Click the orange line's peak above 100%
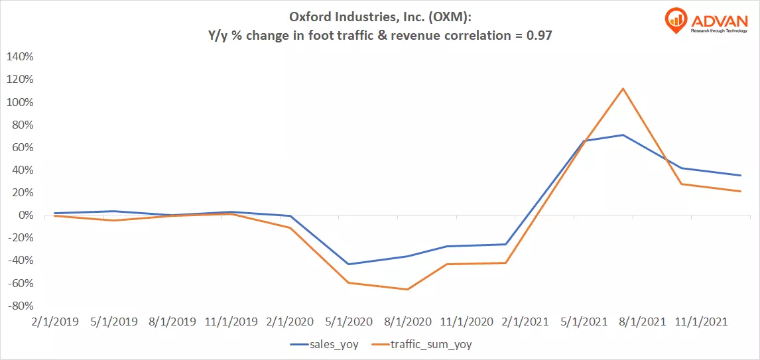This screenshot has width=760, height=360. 622,89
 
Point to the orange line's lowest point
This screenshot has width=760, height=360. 407,289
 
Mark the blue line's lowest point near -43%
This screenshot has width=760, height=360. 348,264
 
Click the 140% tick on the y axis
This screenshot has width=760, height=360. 19,56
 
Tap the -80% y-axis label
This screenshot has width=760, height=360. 19,306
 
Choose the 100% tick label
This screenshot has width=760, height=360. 19,102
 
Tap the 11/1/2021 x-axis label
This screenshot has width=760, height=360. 700,322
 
